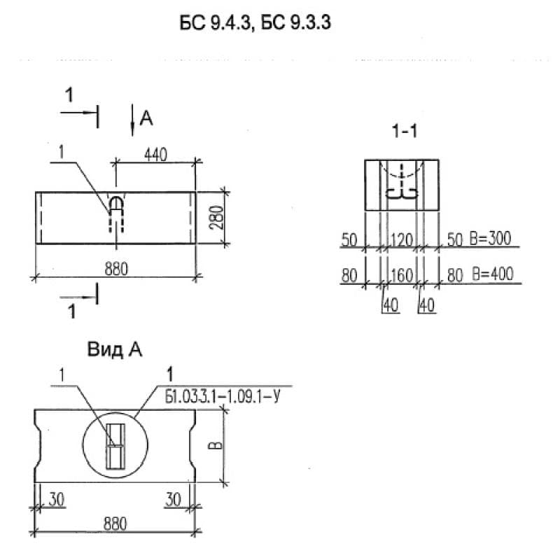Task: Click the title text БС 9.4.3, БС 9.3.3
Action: coord(255,24)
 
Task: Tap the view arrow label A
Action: coord(146,119)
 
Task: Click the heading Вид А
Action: coord(115,350)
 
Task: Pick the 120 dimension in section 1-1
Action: coord(402,240)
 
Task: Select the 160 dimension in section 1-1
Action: coord(402,275)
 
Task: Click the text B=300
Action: coord(491,239)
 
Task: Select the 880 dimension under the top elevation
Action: coord(115,269)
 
